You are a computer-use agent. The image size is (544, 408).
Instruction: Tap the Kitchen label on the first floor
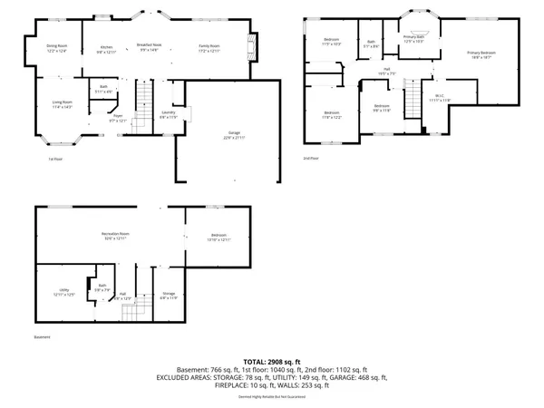(106, 48)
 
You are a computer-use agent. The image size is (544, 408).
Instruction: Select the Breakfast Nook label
(149, 47)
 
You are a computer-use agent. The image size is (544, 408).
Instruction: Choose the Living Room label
(61, 106)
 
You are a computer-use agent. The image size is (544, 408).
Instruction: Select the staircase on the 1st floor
(143, 95)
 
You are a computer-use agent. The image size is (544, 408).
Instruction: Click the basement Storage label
(169, 296)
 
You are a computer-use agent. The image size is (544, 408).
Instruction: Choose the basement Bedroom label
(220, 238)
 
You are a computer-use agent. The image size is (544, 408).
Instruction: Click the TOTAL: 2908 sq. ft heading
(271, 362)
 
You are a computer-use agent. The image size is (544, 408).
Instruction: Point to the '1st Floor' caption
(55, 160)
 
